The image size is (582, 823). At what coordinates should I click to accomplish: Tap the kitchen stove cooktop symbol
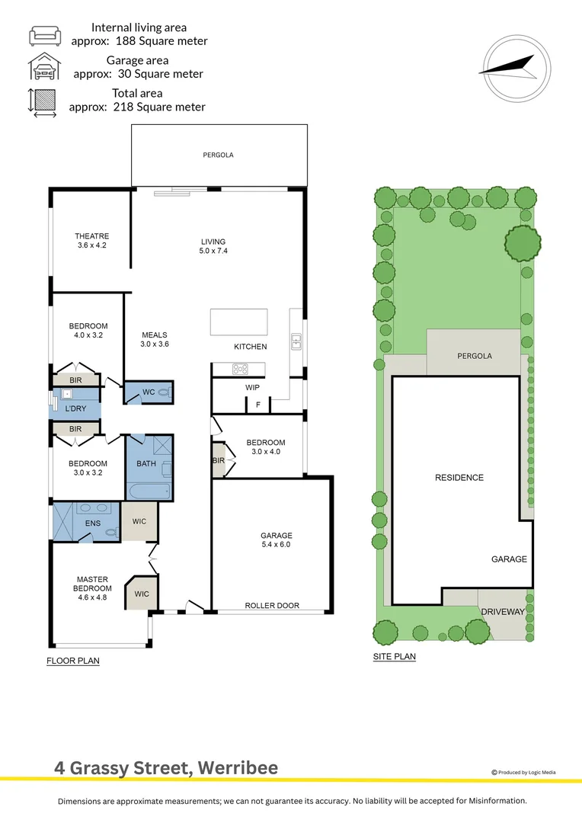pyautogui.click(x=241, y=370)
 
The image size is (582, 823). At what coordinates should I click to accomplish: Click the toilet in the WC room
pyautogui.click(x=165, y=392)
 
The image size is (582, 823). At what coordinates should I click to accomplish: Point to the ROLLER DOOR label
pyautogui.click(x=272, y=606)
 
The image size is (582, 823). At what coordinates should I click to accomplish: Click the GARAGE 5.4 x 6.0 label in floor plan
pyautogui.click(x=275, y=540)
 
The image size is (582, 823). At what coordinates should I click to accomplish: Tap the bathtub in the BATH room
pyautogui.click(x=149, y=491)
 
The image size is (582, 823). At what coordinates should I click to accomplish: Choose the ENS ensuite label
pyautogui.click(x=93, y=524)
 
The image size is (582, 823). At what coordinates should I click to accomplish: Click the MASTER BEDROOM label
pyautogui.click(x=91, y=584)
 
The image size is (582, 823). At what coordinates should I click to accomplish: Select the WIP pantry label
pyautogui.click(x=252, y=388)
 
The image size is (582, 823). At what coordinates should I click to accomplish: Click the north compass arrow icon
pyautogui.click(x=507, y=66)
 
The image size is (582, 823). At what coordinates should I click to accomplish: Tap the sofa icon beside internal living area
pyautogui.click(x=43, y=34)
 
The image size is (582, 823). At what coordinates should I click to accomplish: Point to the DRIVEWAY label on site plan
pyautogui.click(x=502, y=612)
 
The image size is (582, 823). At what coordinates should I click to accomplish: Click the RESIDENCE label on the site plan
pyautogui.click(x=459, y=478)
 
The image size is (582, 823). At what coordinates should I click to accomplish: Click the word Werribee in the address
pyautogui.click(x=238, y=767)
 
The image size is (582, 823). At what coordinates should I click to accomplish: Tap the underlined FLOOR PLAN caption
pyautogui.click(x=73, y=661)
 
